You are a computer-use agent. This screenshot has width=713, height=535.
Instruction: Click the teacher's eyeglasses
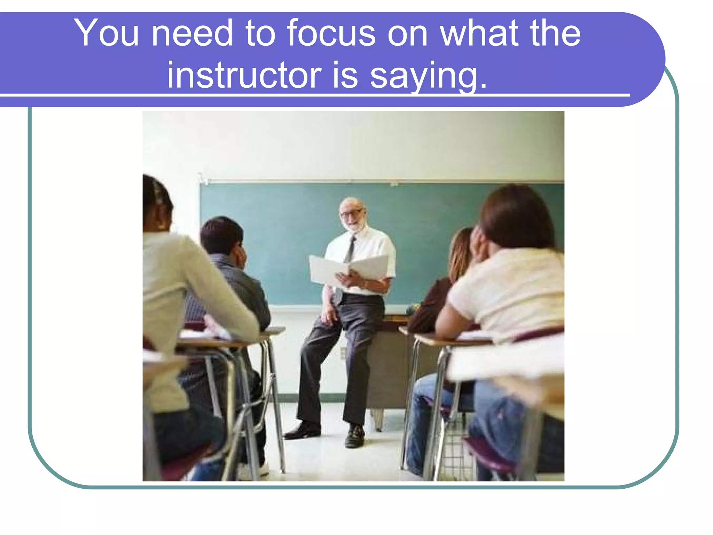pyautogui.click(x=352, y=213)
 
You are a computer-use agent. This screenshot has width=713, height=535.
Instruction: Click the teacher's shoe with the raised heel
pyautogui.click(x=355, y=435)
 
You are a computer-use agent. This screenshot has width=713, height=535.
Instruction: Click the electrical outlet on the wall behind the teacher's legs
pyautogui.click(x=343, y=353)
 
